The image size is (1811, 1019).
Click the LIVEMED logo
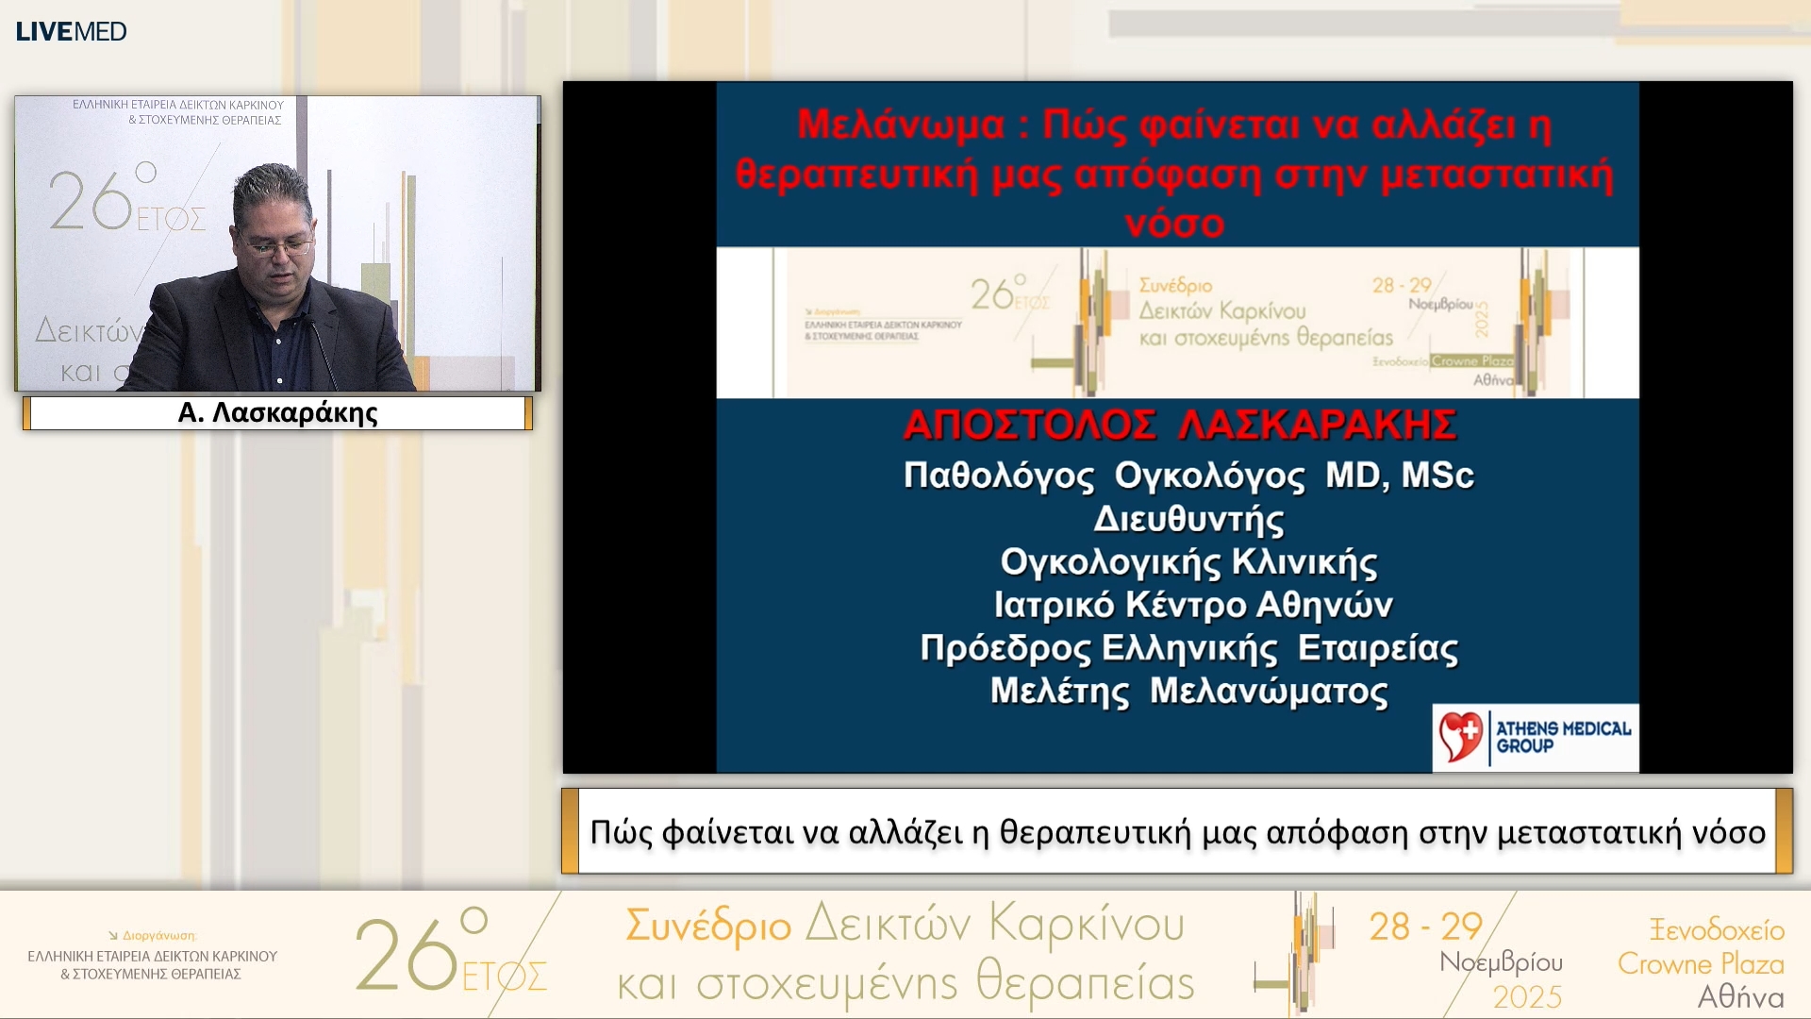[72, 31]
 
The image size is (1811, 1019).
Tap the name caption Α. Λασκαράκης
[277, 413]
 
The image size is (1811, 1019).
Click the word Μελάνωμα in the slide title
[901, 125]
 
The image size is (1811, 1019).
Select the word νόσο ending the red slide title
[1174, 224]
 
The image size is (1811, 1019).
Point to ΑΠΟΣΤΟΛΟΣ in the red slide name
[1029, 426]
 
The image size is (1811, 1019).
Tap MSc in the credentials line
[1437, 476]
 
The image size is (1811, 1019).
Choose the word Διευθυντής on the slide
[1188, 519]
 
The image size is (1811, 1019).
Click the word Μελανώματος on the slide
[1269, 692]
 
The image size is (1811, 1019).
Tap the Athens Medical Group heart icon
[1460, 737]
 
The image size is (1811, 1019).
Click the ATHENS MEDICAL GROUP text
[1563, 737]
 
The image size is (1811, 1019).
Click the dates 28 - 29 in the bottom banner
[1425, 927]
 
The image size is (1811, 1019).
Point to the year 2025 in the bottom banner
[1526, 997]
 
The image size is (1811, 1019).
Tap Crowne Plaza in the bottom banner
[1701, 963]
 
